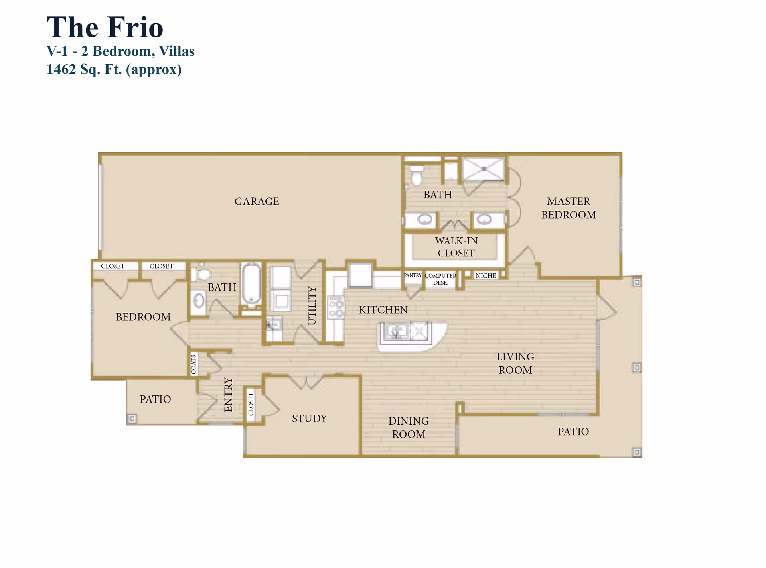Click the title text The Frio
(105, 28)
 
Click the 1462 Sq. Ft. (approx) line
(114, 69)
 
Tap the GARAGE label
(257, 201)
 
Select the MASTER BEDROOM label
(569, 208)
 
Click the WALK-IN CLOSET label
(456, 247)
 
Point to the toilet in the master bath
(417, 175)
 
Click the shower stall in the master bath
(484, 169)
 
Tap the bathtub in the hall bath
(251, 283)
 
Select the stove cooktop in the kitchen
(336, 308)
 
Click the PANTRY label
(413, 275)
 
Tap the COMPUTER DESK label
(440, 279)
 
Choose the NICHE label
(486, 275)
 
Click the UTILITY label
(312, 305)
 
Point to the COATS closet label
(193, 364)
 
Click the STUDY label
(309, 418)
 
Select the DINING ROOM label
(409, 427)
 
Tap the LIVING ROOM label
(515, 363)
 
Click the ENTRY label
(228, 395)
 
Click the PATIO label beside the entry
(155, 399)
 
